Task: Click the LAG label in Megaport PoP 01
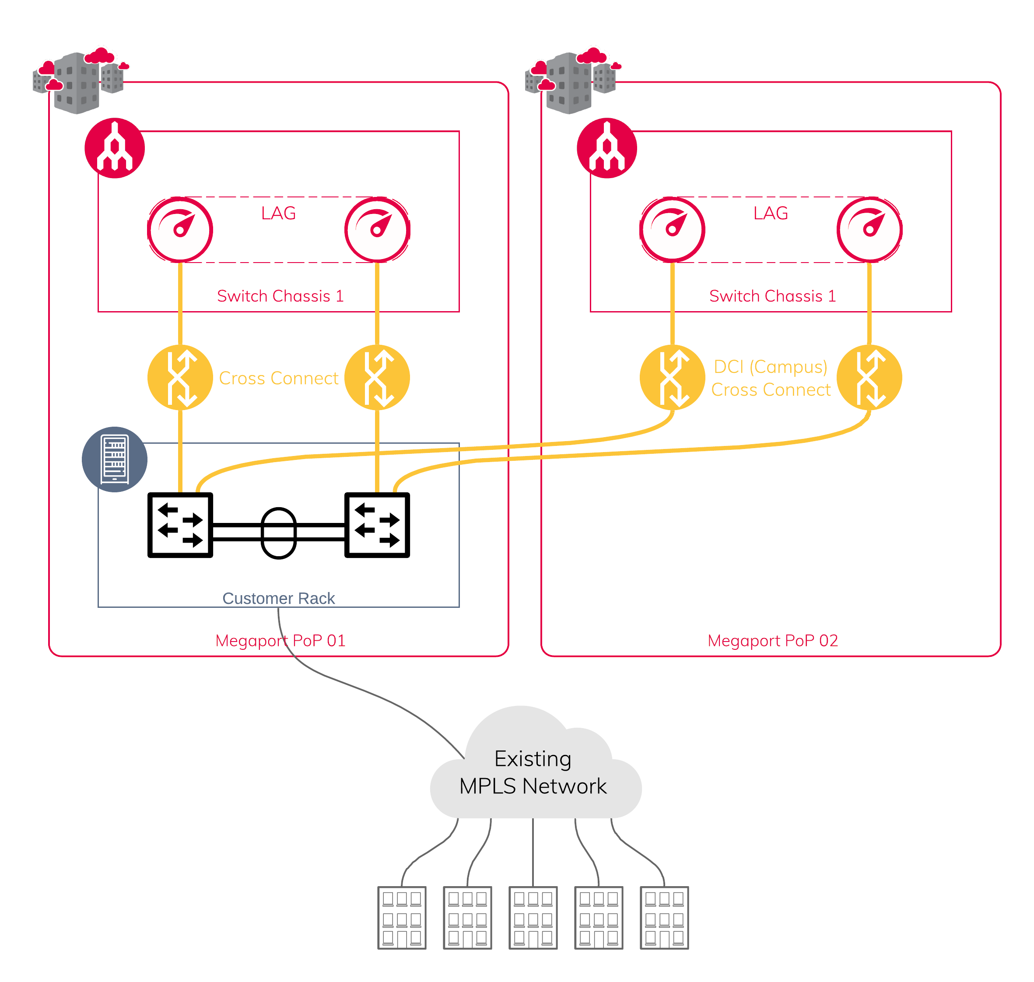tap(278, 214)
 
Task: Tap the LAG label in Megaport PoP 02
tap(770, 214)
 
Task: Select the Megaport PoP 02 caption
tap(772, 640)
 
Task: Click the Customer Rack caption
tap(278, 598)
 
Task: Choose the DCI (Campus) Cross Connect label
tap(771, 378)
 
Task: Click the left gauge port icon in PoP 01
tap(180, 230)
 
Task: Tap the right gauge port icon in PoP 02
tap(869, 230)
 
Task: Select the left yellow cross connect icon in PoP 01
tap(180, 377)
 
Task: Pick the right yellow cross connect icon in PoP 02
tap(869, 377)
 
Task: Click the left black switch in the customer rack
tap(180, 525)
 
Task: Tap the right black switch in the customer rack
tap(377, 525)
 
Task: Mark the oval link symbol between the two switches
tap(278, 533)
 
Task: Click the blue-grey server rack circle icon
tap(115, 459)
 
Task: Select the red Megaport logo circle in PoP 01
tap(115, 148)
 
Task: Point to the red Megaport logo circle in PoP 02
tap(607, 148)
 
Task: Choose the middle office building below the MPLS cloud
tap(533, 918)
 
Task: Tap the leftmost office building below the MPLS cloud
tap(402, 918)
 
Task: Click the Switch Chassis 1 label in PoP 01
tap(280, 296)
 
